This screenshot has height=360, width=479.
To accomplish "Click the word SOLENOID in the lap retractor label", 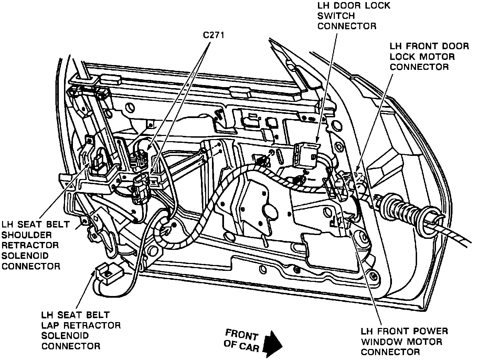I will click(65, 336).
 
